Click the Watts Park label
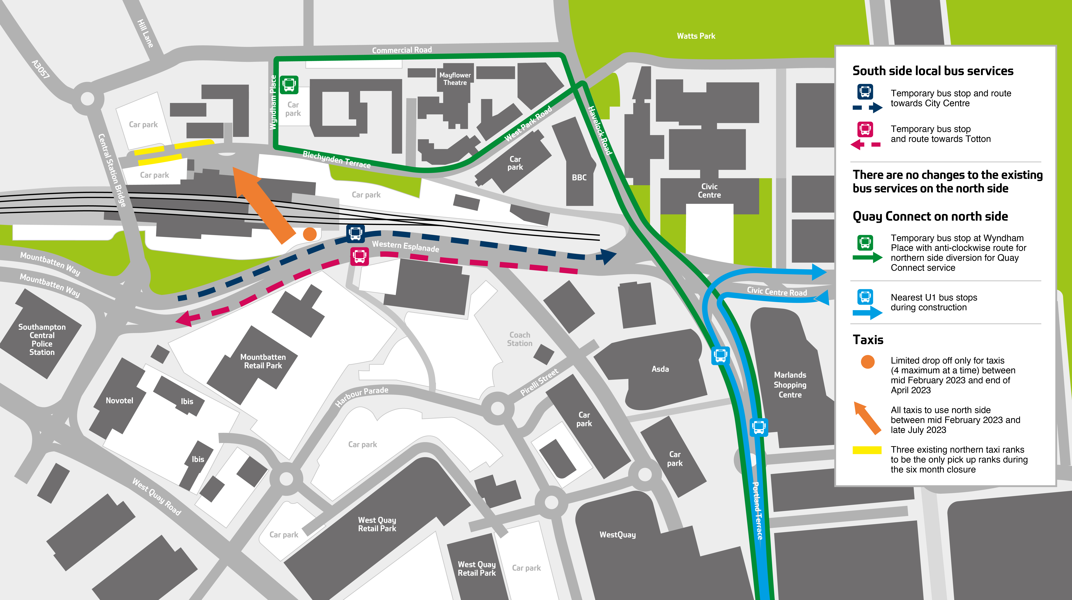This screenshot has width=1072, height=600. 696,36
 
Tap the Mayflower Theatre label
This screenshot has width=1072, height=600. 455,79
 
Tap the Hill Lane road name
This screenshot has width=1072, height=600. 145,33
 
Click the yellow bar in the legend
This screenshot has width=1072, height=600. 867,450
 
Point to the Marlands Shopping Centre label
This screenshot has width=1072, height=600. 790,385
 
